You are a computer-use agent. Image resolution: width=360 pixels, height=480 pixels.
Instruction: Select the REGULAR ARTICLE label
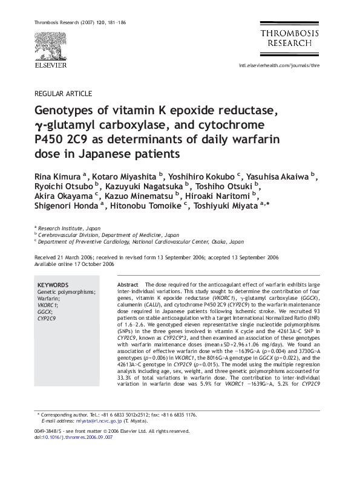pos(64,94)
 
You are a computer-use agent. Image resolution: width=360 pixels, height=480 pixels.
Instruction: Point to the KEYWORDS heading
pos(53,285)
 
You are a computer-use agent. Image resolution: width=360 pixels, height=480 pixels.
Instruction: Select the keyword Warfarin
pos(48,299)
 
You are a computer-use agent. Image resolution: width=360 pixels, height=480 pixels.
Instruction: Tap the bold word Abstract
pos(127,285)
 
